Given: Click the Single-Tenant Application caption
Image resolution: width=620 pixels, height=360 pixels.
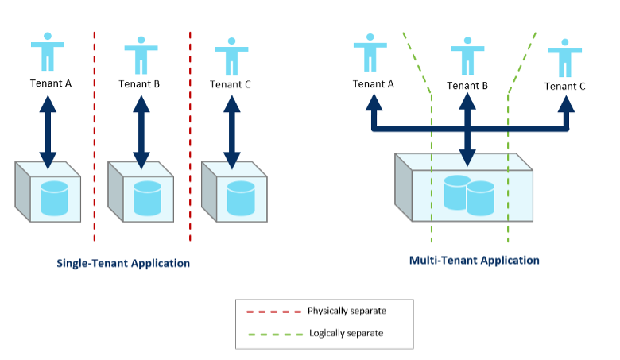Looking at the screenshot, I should pyautogui.click(x=123, y=263).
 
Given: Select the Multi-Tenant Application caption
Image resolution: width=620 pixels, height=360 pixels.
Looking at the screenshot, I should pyautogui.click(x=474, y=260).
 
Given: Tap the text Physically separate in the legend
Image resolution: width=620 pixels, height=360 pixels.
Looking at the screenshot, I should pyautogui.click(x=347, y=310).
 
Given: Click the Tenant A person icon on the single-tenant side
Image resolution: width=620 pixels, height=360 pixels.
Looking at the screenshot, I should pyautogui.click(x=48, y=51).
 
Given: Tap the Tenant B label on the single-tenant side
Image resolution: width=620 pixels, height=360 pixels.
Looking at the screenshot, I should pyautogui.click(x=140, y=83).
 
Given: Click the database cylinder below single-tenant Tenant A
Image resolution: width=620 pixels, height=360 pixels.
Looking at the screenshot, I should pyautogui.click(x=54, y=198).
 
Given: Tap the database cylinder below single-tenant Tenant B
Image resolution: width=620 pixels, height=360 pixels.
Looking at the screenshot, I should pyautogui.click(x=147, y=199).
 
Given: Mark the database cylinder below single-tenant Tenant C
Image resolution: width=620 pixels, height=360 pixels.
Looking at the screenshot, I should pyautogui.click(x=241, y=199).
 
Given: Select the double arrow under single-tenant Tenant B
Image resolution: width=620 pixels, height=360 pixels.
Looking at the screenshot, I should pyautogui.click(x=141, y=131).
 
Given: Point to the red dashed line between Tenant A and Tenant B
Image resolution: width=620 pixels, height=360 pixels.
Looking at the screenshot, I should pyautogui.click(x=95, y=135).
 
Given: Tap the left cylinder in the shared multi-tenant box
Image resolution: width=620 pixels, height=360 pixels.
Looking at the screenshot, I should pyautogui.click(x=455, y=192).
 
